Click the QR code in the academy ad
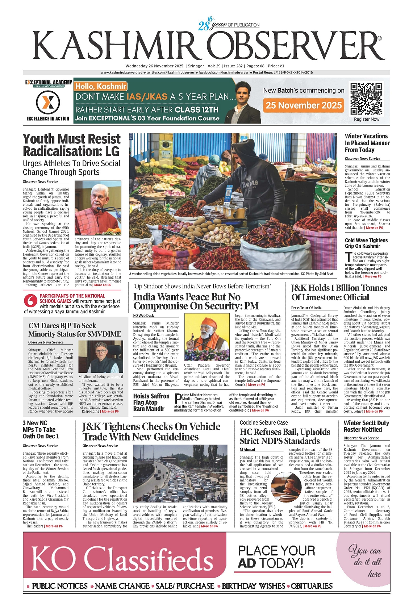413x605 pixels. (x=366, y=99)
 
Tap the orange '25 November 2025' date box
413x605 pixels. (x=304, y=105)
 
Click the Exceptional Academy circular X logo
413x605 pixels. (x=48, y=103)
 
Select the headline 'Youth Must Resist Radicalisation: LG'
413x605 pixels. (x=71, y=145)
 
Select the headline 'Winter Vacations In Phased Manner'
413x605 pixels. (x=367, y=143)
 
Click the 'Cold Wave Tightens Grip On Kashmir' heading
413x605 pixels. (x=366, y=243)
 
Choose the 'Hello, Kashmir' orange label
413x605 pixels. (x=100, y=86)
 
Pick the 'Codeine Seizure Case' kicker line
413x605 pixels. (x=264, y=422)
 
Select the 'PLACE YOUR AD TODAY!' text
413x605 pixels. (x=276, y=557)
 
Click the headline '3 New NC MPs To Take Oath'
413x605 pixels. (x=41, y=430)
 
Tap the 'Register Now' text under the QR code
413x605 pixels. (x=367, y=119)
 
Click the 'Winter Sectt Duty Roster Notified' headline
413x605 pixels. (x=366, y=426)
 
